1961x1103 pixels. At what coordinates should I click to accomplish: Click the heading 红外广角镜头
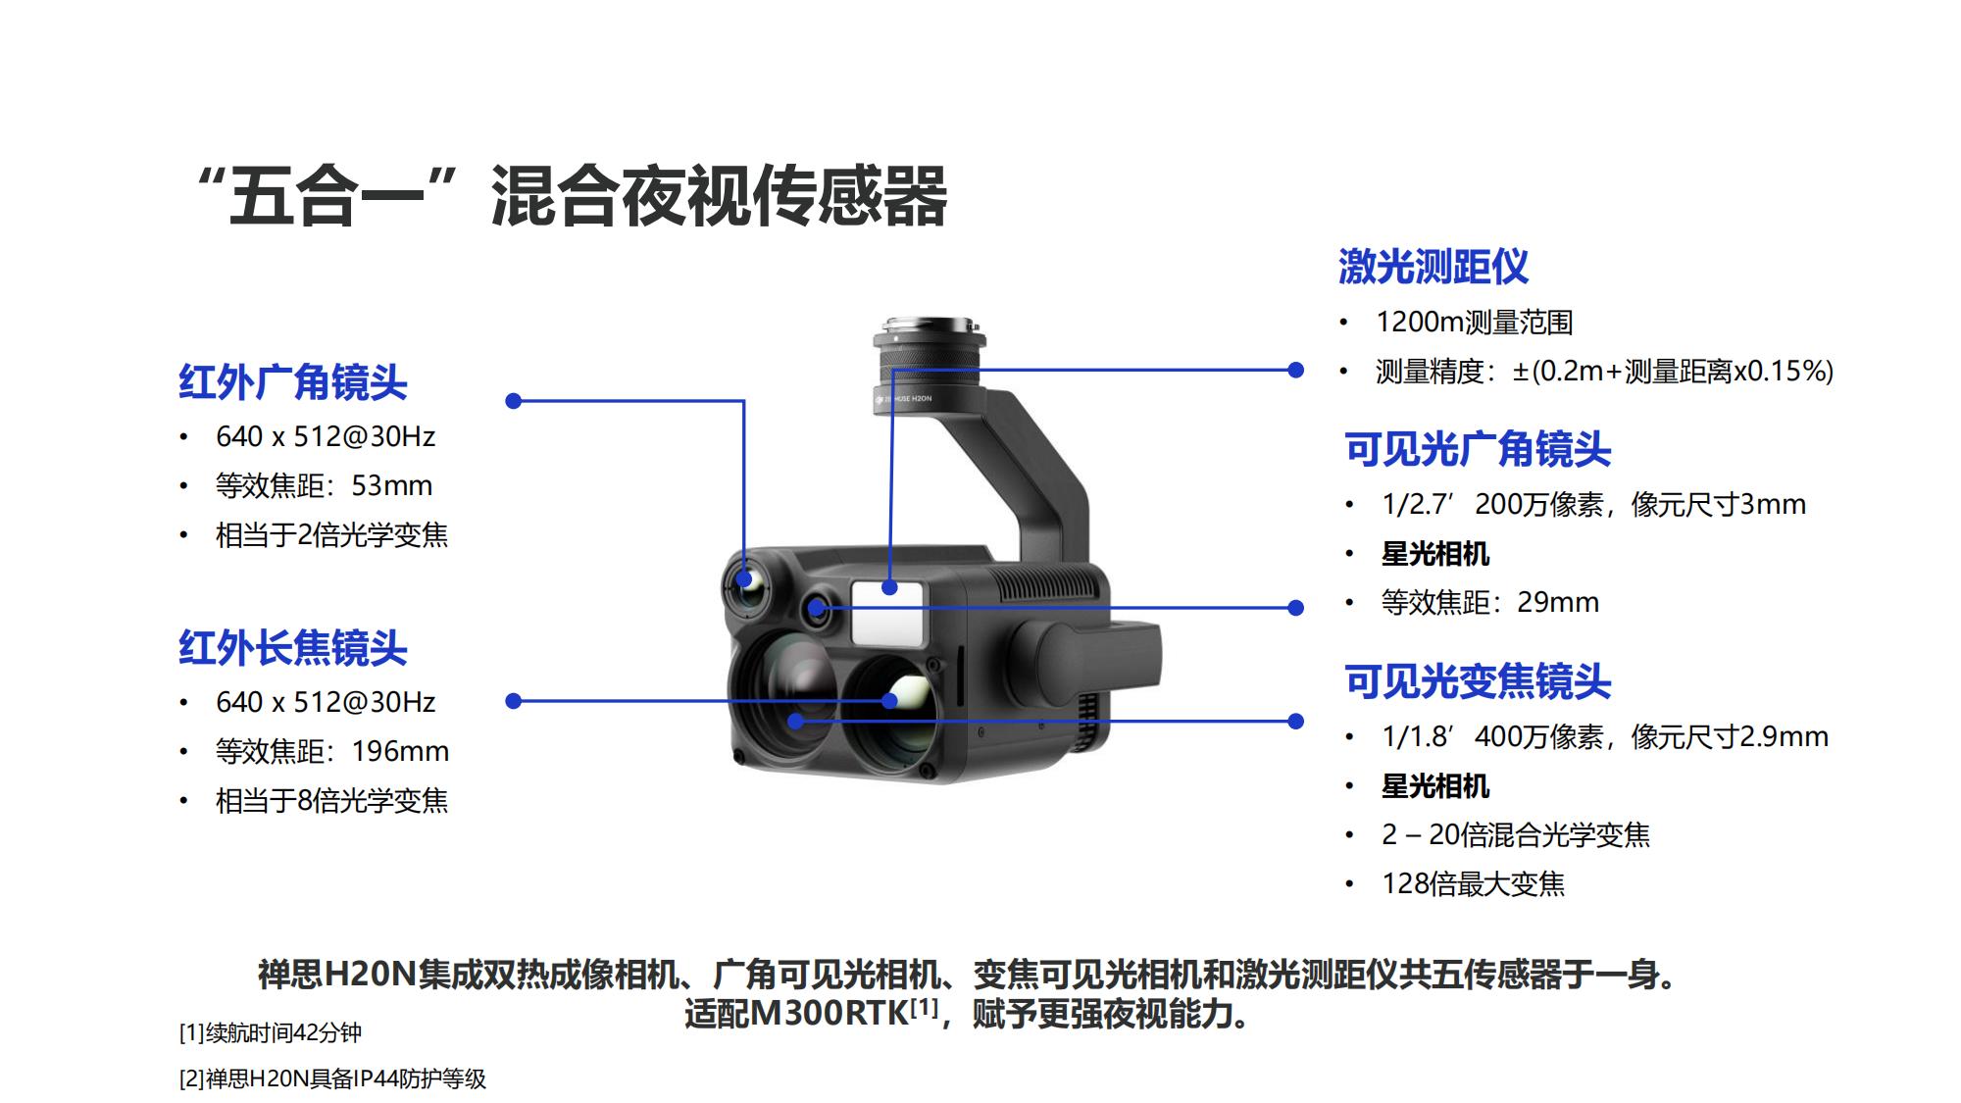292,381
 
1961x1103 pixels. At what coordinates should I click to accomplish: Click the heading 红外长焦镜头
292,648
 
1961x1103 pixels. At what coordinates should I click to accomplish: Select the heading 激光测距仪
1433,267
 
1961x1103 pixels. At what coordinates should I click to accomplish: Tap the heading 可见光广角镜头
1478,450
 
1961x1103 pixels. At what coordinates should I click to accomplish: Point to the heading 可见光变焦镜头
1478,681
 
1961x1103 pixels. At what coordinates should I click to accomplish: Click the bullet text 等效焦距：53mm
324,485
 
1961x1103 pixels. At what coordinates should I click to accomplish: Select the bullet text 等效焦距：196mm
332,751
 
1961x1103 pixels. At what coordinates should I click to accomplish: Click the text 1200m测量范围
1475,322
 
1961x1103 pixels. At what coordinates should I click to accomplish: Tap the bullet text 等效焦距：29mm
1490,602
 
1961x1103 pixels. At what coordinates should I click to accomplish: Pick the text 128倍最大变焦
1474,883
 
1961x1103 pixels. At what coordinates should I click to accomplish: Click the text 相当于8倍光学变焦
331,801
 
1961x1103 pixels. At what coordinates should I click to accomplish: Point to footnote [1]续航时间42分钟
271,1032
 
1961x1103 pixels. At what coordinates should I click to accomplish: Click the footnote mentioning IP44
332,1078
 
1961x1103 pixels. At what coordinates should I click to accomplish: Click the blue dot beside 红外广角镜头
513,401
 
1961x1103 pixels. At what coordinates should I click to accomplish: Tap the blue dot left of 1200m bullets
1295,371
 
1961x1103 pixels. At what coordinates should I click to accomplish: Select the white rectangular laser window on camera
888,613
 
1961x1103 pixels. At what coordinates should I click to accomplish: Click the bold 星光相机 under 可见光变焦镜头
1435,786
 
